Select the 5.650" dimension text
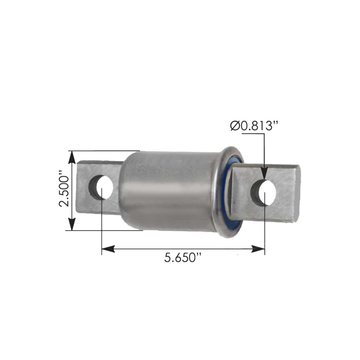tap(182, 258)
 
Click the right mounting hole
tap(264, 192)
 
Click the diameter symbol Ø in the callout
tap(235, 126)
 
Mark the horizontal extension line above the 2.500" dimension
tap(105, 151)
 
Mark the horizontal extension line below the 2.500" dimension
tap(105, 231)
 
